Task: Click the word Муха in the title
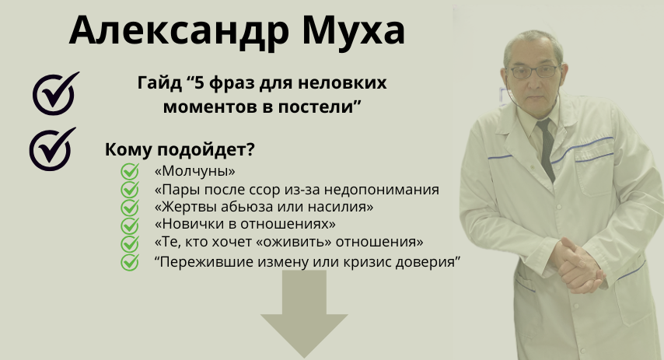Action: [x=353, y=30]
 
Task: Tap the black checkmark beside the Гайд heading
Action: [x=55, y=94]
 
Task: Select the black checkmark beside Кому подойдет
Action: [x=51, y=149]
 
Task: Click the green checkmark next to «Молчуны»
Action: [x=130, y=172]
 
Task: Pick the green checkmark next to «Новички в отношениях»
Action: [x=130, y=225]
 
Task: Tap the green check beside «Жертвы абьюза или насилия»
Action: [x=130, y=208]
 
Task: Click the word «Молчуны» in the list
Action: [x=195, y=171]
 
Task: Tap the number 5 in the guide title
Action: [x=200, y=83]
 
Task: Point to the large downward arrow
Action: [x=304, y=313]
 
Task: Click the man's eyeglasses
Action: [x=534, y=72]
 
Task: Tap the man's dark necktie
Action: [x=547, y=149]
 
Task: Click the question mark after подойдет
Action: [x=250, y=149]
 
